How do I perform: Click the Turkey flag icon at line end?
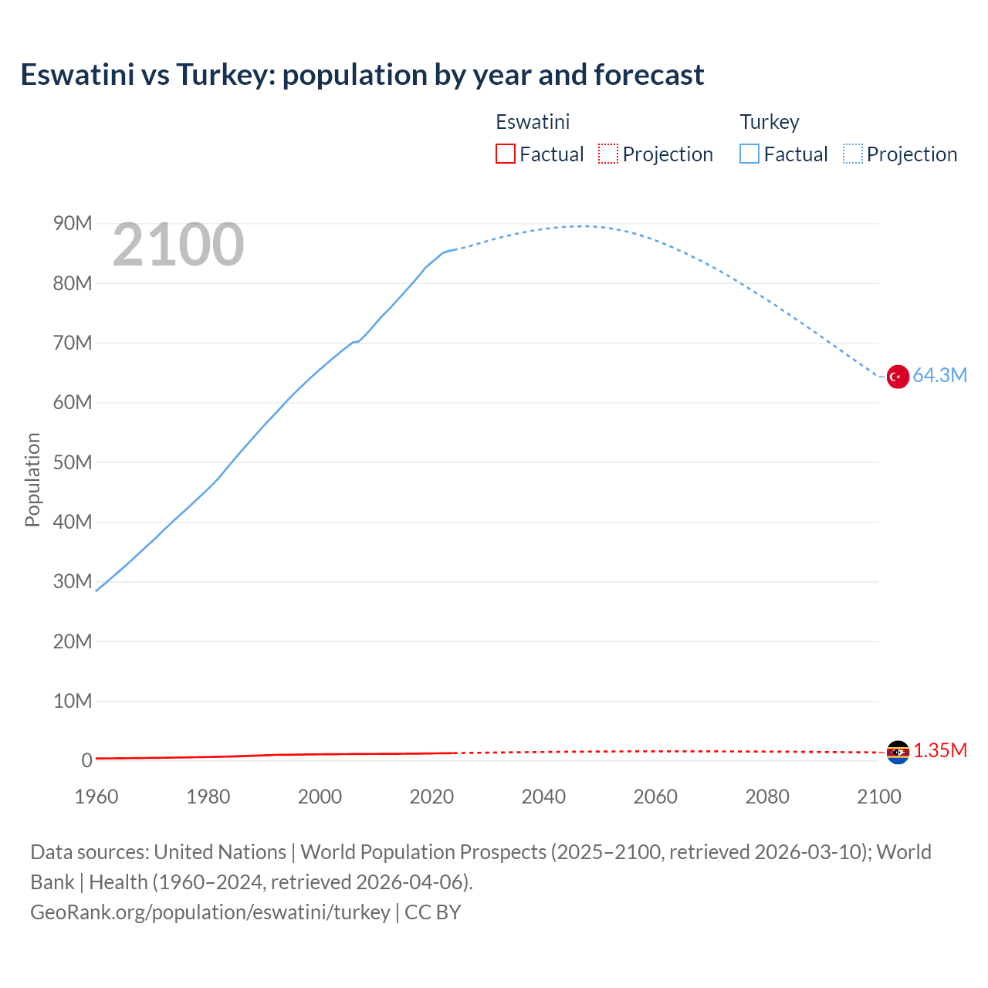(x=897, y=377)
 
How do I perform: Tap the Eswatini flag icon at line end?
(x=898, y=752)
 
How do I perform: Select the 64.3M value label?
(x=939, y=376)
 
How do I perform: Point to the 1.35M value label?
(x=940, y=751)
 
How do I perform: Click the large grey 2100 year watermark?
(x=178, y=245)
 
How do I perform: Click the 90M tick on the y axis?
(x=73, y=224)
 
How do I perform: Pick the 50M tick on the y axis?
(x=73, y=462)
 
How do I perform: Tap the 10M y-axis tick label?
(x=73, y=701)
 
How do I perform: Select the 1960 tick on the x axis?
(x=96, y=797)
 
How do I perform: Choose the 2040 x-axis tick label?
(x=543, y=797)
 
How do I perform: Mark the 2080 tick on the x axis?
(x=767, y=797)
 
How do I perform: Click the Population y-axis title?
(x=32, y=479)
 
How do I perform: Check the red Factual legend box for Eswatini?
(x=505, y=154)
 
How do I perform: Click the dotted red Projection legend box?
(x=608, y=154)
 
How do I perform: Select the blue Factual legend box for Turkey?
(x=749, y=154)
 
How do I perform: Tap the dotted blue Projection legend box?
(x=853, y=154)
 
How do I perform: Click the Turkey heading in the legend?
(x=770, y=122)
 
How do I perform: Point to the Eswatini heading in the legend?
(x=533, y=122)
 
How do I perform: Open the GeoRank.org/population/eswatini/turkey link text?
(x=210, y=912)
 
